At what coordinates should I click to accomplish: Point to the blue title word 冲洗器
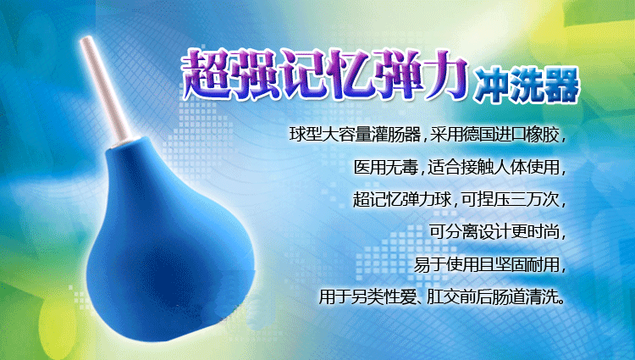point(526,86)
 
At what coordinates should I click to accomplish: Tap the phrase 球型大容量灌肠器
point(355,135)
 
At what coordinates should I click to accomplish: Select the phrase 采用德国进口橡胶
point(494,135)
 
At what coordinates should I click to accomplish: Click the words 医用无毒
point(386,167)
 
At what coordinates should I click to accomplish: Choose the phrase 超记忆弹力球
point(402,200)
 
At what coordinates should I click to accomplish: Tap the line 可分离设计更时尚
point(494,232)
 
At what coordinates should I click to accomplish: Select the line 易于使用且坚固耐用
point(486,265)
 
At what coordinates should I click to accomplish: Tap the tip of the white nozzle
point(86,38)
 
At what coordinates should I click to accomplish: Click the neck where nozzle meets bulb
point(125,142)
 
